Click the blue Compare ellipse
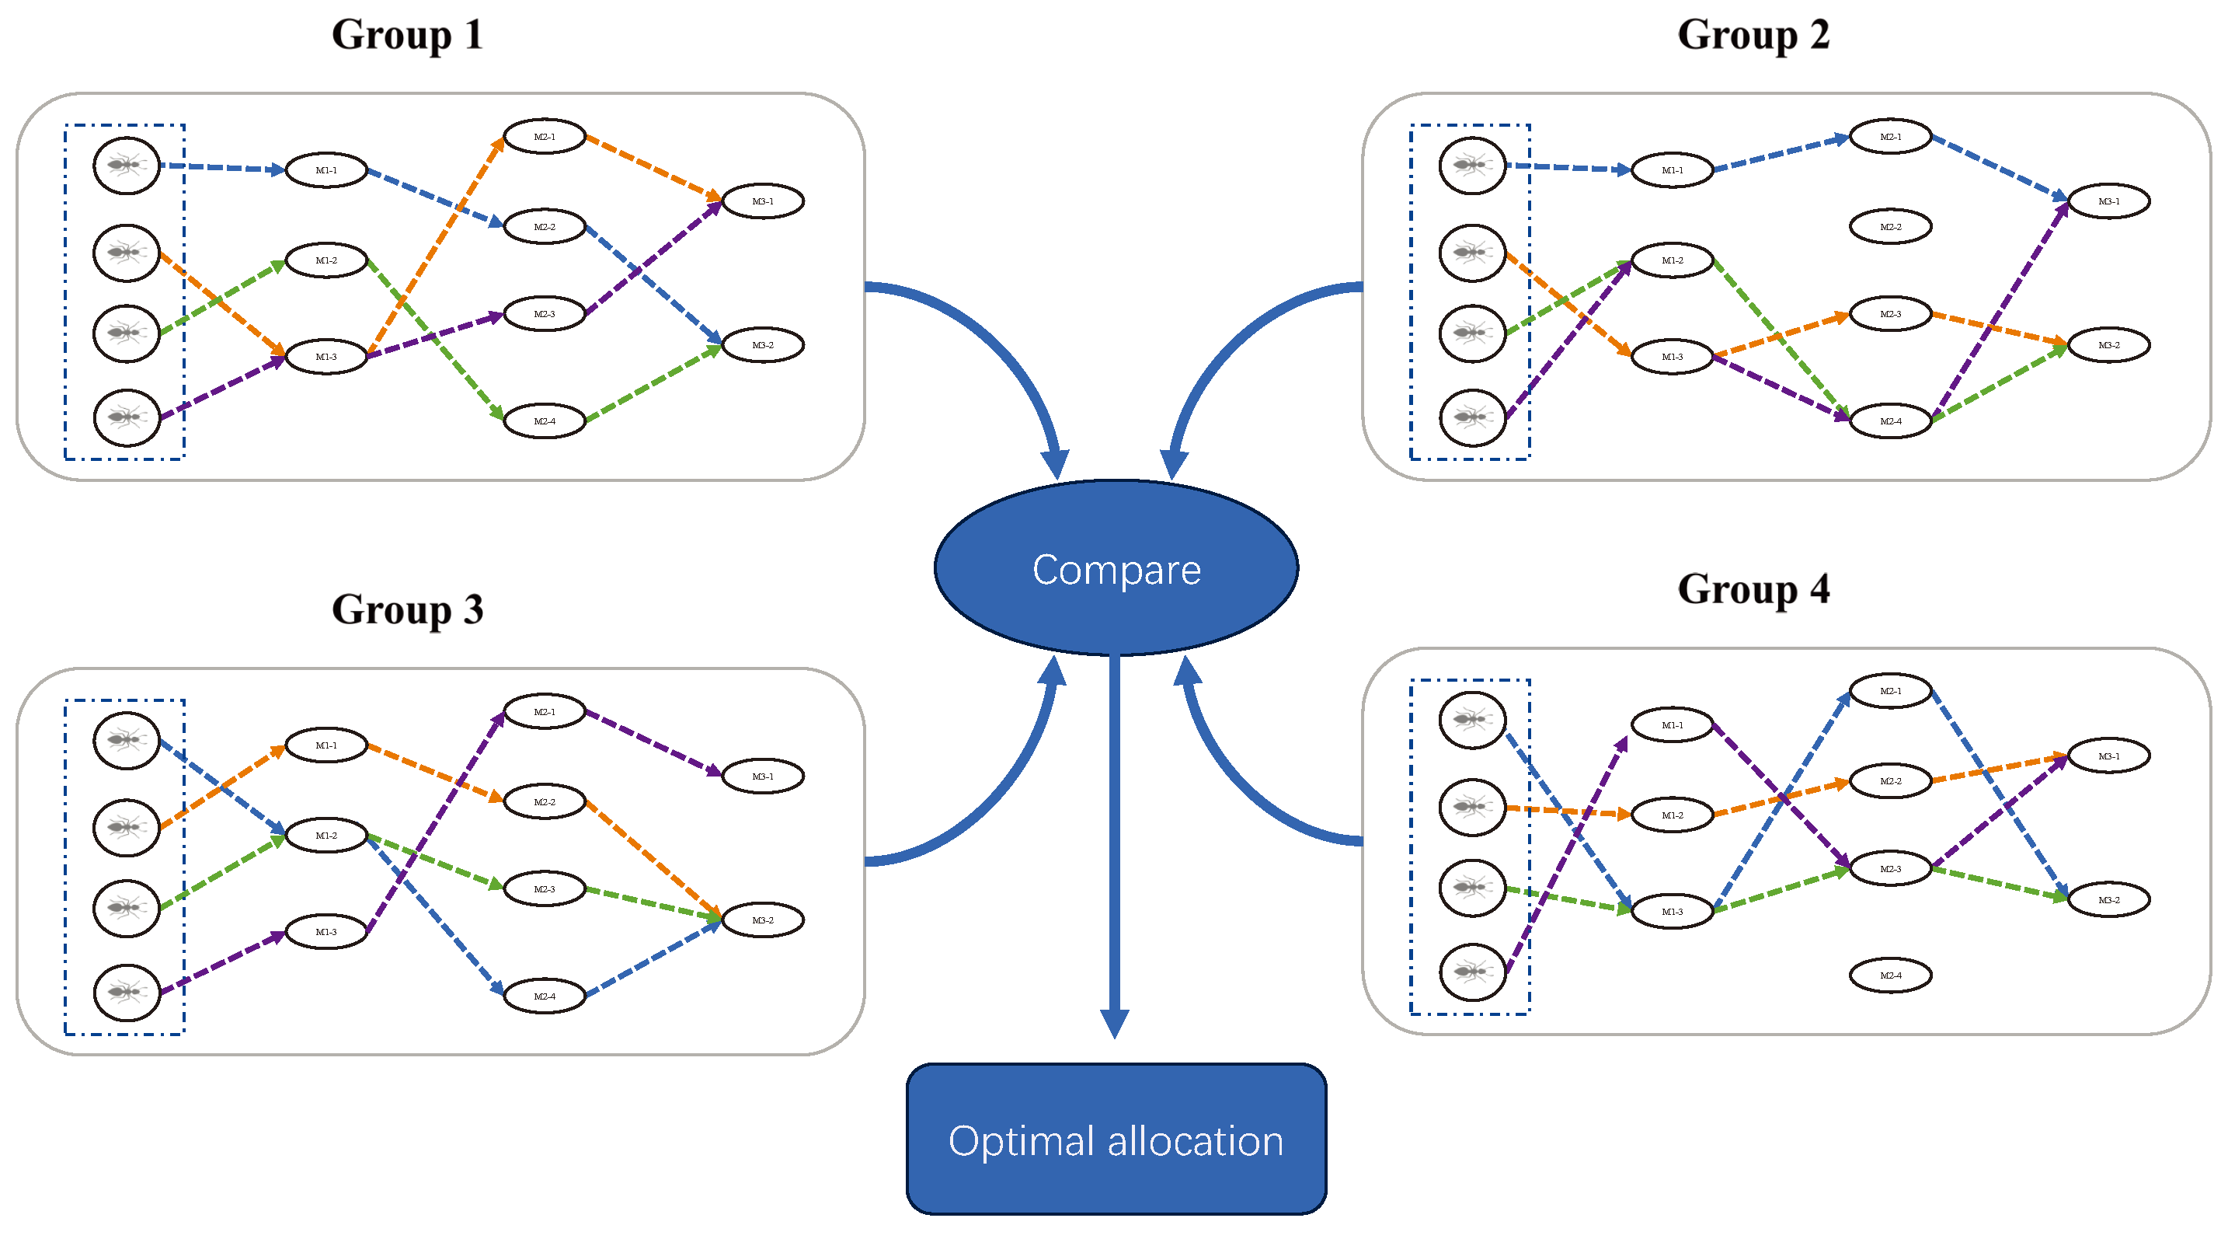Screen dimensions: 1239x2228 click(1116, 568)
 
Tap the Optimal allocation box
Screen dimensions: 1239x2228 click(1116, 1139)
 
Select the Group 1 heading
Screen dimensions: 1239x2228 click(407, 36)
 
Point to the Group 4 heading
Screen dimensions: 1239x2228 click(1753, 589)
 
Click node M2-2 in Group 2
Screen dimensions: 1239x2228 click(1890, 227)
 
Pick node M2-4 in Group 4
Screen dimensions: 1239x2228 click(1890, 975)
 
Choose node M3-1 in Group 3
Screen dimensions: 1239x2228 click(762, 776)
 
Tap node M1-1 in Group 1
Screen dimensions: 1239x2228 click(326, 170)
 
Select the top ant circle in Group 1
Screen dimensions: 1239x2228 click(127, 166)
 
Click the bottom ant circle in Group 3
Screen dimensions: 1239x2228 click(127, 992)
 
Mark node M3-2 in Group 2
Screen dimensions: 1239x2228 click(2108, 345)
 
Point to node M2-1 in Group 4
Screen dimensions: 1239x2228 click(1890, 691)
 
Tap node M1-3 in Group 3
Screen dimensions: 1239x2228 click(326, 932)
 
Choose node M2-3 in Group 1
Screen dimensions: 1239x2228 click(544, 314)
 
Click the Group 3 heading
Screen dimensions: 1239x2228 click(407, 610)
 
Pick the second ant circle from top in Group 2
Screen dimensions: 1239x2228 click(1472, 253)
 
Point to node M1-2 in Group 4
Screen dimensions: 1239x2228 click(1672, 815)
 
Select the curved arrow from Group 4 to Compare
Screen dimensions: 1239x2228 click(1237, 779)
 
